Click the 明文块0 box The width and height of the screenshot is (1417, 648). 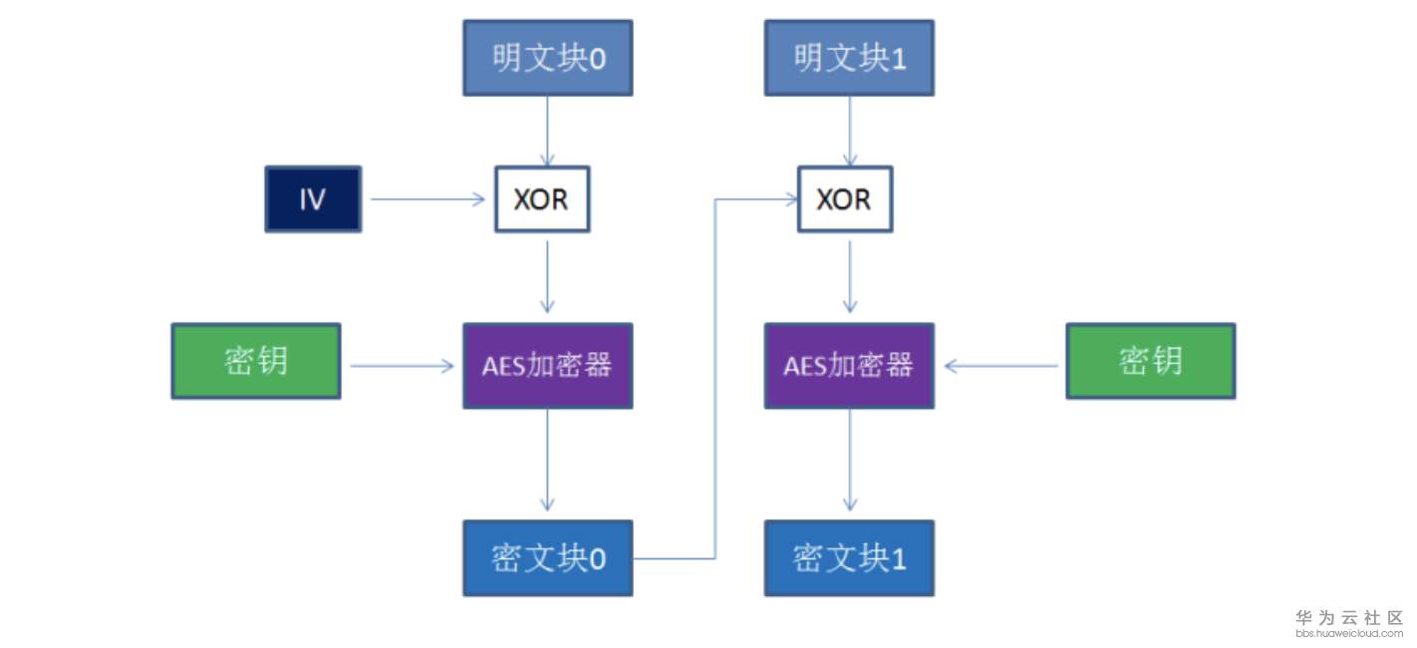click(547, 58)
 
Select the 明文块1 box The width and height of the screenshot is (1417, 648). click(849, 58)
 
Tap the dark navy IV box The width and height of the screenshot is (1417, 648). click(313, 199)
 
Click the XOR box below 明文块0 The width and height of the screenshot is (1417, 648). click(542, 199)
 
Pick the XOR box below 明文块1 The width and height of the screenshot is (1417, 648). click(845, 199)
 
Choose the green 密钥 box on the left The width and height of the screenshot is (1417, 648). click(256, 361)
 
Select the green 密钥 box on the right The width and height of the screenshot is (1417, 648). click(1151, 361)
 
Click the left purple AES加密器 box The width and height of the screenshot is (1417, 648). click(547, 366)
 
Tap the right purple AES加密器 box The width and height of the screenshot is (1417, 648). click(849, 366)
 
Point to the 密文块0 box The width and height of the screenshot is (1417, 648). click(547, 558)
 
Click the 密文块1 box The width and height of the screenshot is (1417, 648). click(849, 558)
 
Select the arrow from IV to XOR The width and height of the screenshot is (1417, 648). click(427, 199)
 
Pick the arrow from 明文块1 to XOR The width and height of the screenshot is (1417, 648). click(849, 131)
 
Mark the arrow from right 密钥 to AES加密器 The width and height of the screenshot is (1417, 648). click(1000, 366)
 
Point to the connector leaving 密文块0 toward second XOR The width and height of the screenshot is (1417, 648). click(714, 379)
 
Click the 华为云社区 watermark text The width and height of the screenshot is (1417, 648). click(1349, 618)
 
